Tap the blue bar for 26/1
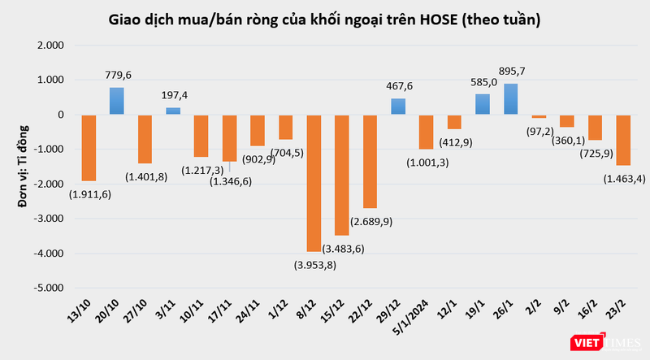click(x=511, y=98)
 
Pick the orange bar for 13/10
click(x=89, y=147)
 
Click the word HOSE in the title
click(x=437, y=18)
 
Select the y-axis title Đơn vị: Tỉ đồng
click(x=24, y=166)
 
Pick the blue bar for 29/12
click(x=398, y=106)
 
